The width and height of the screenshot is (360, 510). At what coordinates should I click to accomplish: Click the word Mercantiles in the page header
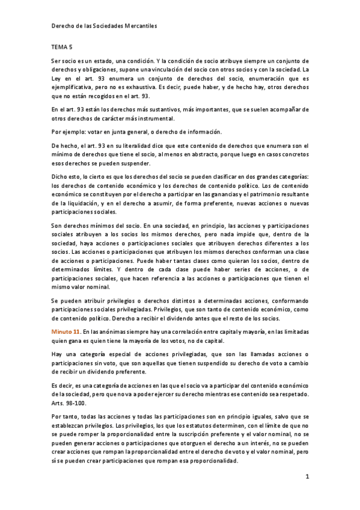pos(138,26)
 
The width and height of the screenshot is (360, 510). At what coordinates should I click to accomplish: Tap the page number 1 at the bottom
pos(307,477)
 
